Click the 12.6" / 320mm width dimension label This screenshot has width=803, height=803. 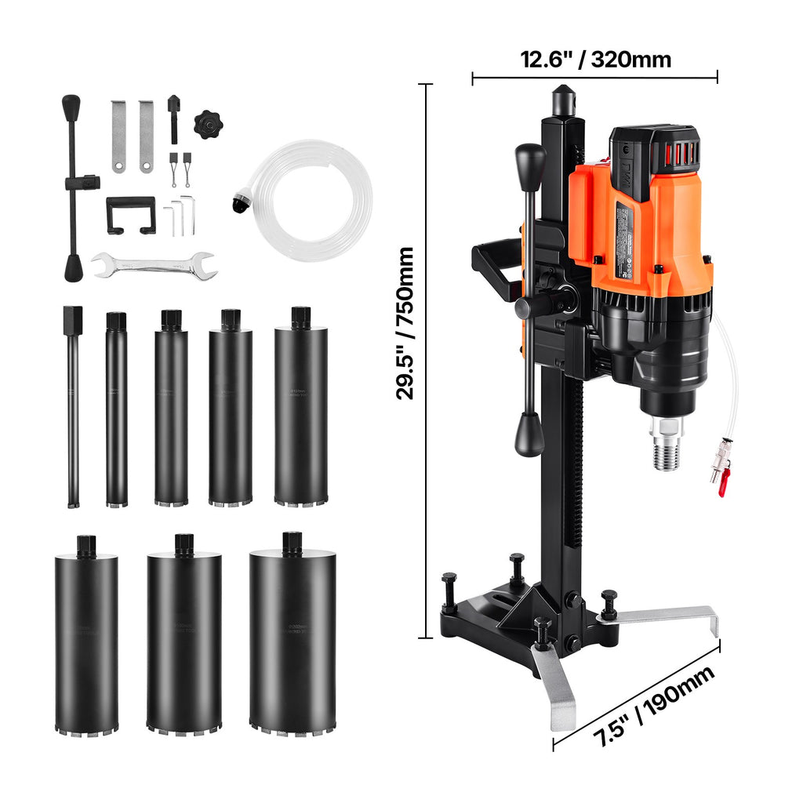[x=595, y=60]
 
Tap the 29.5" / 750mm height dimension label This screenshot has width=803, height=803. [x=405, y=324]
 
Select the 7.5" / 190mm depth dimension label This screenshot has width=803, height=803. [x=652, y=706]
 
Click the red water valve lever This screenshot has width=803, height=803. [x=723, y=482]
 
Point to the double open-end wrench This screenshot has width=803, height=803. [x=154, y=266]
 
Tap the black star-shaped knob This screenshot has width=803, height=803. [x=209, y=124]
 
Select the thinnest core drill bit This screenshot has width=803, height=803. [x=73, y=408]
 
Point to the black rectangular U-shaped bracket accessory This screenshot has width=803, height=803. [x=131, y=213]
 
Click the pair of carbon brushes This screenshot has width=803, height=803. [x=180, y=167]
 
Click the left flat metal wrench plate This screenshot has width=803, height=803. [x=118, y=136]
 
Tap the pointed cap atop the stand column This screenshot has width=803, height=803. [x=564, y=100]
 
